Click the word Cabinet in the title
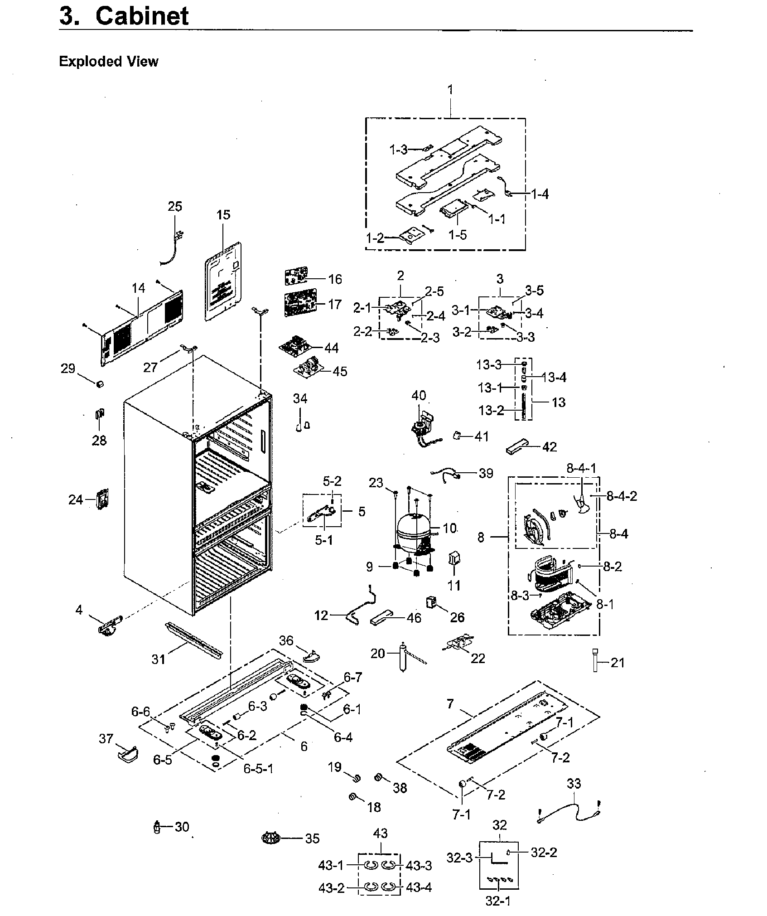coord(142,16)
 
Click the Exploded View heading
coord(108,61)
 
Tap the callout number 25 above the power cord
coord(175,207)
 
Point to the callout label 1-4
coord(539,194)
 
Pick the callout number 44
coord(331,348)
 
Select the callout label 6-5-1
coord(258,769)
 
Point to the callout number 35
coord(312,838)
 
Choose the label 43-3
coord(419,865)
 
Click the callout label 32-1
coord(497,901)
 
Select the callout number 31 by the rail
coord(158,659)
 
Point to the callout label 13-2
coord(491,410)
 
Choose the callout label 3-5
coord(534,291)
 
